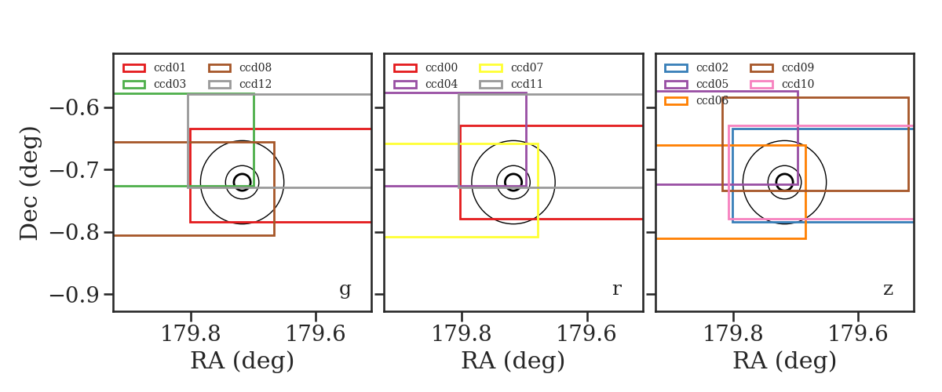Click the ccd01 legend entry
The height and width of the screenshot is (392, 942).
[x=154, y=67]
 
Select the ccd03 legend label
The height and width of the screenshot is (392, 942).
[x=170, y=84]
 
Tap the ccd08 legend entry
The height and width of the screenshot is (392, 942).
[x=239, y=67]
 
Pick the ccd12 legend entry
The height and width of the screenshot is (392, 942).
[x=239, y=84]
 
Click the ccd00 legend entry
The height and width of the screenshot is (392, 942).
[x=425, y=67]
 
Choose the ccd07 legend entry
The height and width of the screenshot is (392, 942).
[x=511, y=67]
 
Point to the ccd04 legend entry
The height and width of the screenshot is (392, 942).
[x=425, y=84]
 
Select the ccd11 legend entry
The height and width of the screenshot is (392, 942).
[x=511, y=84]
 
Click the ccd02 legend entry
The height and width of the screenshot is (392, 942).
[x=696, y=67]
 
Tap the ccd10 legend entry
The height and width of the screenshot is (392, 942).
[x=782, y=84]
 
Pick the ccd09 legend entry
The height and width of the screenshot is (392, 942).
[x=782, y=67]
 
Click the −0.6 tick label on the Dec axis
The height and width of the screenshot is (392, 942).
[x=75, y=108]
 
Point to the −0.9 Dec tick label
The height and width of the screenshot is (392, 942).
[x=75, y=295]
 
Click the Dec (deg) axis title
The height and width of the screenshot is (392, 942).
[x=30, y=183]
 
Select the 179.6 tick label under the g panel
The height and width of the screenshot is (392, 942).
[x=316, y=334]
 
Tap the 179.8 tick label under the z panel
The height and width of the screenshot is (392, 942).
[x=733, y=334]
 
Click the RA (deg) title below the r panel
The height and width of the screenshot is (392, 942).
[x=513, y=361]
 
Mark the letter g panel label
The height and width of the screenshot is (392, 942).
[x=345, y=290]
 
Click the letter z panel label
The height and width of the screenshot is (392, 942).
[x=888, y=289]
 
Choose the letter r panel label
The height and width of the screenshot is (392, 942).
[x=616, y=289]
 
